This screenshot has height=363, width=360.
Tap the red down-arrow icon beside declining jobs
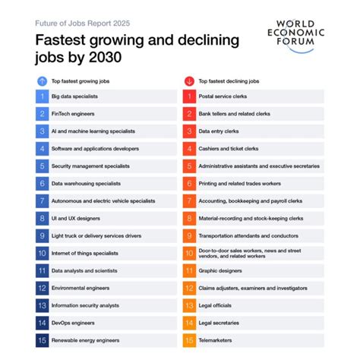tap(188, 80)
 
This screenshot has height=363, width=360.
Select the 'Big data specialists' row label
tap(74, 96)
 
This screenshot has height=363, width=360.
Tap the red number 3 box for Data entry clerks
tap(188, 131)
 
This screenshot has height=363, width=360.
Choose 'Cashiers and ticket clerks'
tap(229, 149)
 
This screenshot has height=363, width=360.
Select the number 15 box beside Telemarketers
tap(188, 340)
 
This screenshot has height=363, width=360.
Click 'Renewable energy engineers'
tap(85, 340)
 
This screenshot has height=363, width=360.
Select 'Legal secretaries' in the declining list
tap(219, 323)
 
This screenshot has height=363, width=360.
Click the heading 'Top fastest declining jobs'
tap(229, 80)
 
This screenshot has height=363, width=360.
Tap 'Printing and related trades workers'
tap(240, 183)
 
